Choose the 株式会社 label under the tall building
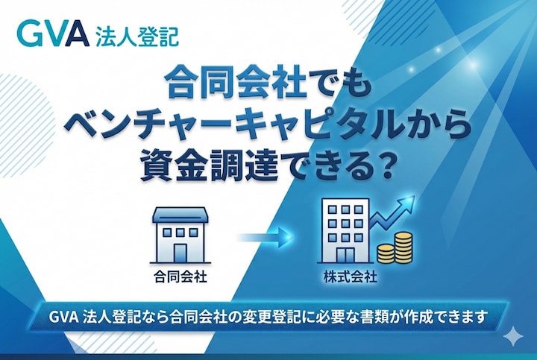click(351, 278)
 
